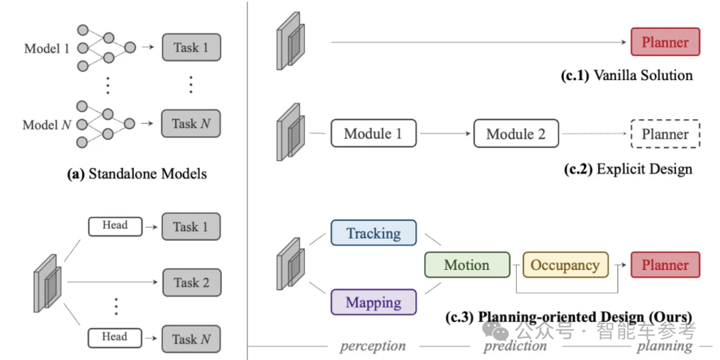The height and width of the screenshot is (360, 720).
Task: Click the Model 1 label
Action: pos(47,48)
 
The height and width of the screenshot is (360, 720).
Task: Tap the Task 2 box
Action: pos(191,283)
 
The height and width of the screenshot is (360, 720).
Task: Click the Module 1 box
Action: pos(373,133)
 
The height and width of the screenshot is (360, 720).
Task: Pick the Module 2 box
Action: pos(516,133)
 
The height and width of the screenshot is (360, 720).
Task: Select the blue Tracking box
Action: pos(373,233)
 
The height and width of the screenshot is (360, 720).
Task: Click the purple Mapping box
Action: pos(373,302)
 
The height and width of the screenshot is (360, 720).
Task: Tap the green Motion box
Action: pos(467,265)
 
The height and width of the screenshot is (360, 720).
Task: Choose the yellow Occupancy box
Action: pos(565,265)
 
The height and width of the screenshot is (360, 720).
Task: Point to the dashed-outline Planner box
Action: pos(665,134)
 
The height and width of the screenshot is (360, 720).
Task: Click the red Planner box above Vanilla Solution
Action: pos(665,42)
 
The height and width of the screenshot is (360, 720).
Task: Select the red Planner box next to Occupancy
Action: pos(665,265)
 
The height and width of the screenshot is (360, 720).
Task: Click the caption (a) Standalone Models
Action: pos(137,175)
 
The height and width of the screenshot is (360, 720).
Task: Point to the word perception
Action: pos(373,346)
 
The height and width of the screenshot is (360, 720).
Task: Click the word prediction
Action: pos(515,346)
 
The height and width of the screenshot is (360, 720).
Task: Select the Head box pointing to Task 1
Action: pos(115,226)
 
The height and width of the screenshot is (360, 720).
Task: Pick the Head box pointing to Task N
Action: pos(115,337)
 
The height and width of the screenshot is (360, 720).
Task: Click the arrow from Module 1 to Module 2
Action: pos(445,134)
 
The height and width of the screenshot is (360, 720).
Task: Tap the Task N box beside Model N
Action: pos(191,124)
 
